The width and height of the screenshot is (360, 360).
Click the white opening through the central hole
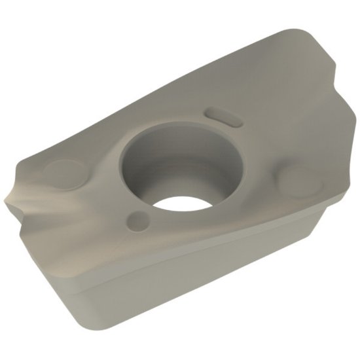tap(185, 200)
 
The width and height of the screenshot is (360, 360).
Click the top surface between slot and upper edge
tap(242, 85)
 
